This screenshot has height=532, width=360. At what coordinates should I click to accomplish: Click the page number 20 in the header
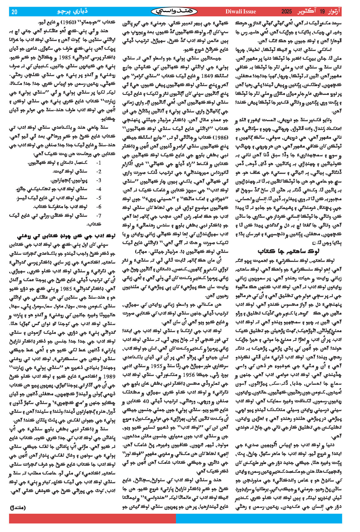[15, 12]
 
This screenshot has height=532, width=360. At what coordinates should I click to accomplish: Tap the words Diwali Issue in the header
[240, 12]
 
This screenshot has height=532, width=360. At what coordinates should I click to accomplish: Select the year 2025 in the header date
[286, 12]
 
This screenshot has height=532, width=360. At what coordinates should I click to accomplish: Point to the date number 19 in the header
[322, 12]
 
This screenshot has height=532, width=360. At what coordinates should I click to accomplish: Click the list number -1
[99, 163]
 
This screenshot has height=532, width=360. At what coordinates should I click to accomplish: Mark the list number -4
[99, 189]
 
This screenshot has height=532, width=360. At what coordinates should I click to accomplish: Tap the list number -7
[99, 215]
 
